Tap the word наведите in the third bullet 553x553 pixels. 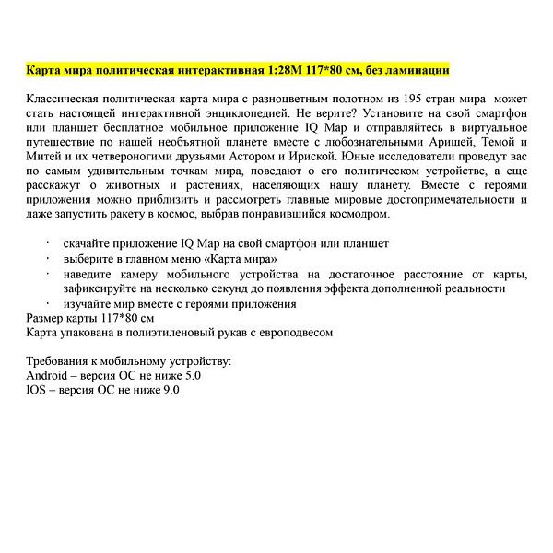91,274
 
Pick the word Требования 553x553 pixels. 61,361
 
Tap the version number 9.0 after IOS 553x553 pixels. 171,390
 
